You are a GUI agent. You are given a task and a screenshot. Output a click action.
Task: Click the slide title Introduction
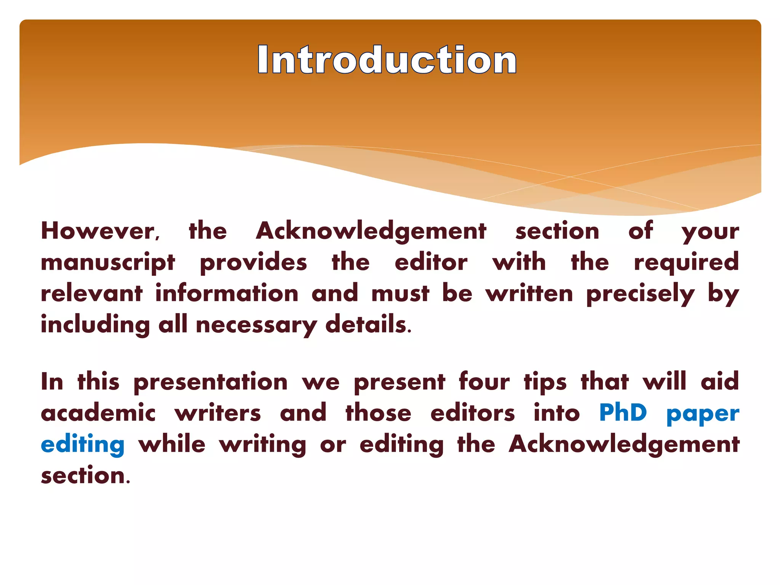[x=387, y=60]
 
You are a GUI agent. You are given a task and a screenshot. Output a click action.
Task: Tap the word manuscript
[x=108, y=263]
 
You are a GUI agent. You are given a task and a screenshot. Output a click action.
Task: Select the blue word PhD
[x=623, y=413]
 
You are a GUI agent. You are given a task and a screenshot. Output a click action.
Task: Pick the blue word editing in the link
[x=83, y=445]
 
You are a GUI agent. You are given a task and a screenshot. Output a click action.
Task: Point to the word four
[x=484, y=381]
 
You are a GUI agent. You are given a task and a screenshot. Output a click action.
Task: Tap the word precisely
[x=640, y=294]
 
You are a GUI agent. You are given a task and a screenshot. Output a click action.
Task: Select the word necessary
[x=256, y=326]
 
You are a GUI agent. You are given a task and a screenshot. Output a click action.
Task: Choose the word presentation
[x=210, y=382]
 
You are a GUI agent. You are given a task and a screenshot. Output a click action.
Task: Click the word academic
[x=98, y=413]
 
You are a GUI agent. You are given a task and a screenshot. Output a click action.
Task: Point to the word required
[x=686, y=263]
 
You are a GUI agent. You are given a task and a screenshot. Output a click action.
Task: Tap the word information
[x=227, y=294]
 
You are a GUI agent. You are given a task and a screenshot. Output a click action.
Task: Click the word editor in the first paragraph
[x=431, y=262]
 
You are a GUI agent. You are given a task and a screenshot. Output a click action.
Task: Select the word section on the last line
[x=85, y=476]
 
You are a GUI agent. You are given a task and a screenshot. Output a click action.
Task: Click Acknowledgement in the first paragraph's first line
[x=371, y=231]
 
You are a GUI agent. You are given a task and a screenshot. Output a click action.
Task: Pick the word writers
[x=218, y=413]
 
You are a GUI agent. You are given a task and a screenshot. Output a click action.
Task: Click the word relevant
[x=91, y=294]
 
